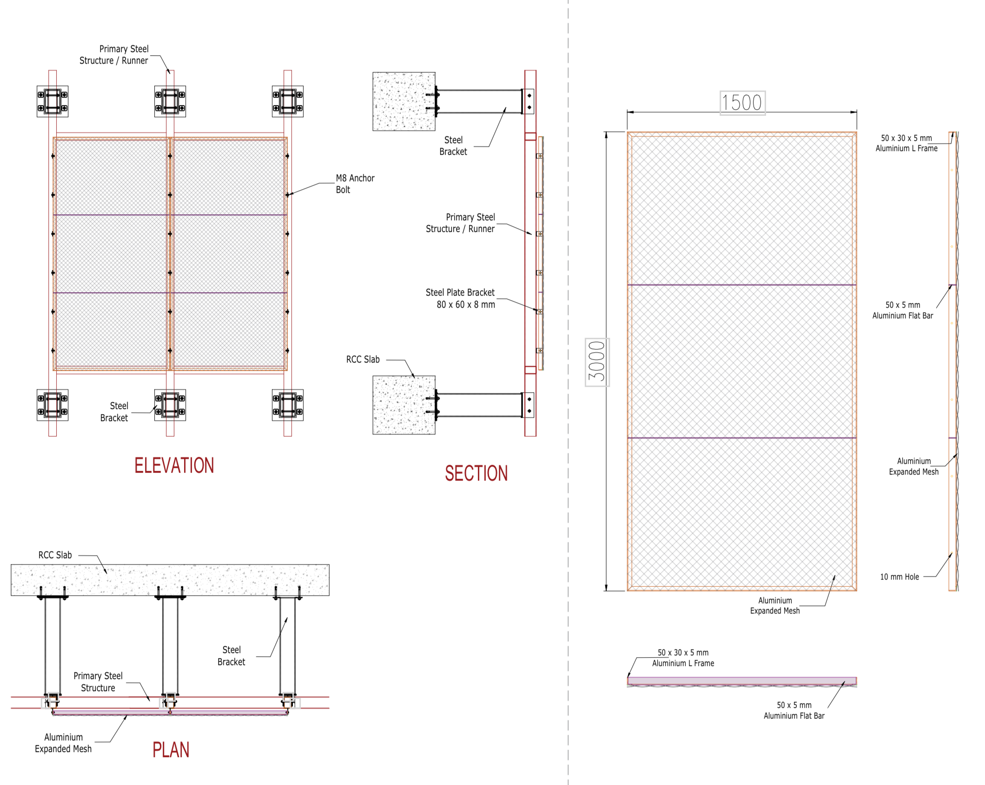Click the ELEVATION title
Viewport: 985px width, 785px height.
click(x=174, y=465)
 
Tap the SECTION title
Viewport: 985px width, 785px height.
click(x=476, y=473)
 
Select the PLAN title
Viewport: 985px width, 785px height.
click(x=171, y=750)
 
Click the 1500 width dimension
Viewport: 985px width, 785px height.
click(x=742, y=103)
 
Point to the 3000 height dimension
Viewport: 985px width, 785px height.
click(x=597, y=362)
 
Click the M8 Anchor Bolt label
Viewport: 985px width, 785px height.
click(x=355, y=184)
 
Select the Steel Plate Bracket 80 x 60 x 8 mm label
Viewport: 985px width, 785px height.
click(x=460, y=298)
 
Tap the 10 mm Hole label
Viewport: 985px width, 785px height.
click(x=899, y=577)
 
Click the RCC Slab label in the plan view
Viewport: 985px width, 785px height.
click(x=55, y=555)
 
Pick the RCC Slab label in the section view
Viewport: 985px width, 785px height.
click(x=363, y=359)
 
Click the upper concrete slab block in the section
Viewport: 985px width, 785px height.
click(x=404, y=101)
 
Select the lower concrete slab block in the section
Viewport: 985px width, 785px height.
click(x=404, y=405)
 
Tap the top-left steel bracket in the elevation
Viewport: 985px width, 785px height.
click(x=53, y=101)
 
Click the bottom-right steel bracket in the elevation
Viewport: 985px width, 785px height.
click(x=288, y=405)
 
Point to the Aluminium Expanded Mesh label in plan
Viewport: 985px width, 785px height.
click(x=63, y=743)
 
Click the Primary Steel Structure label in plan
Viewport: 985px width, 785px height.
click(x=98, y=682)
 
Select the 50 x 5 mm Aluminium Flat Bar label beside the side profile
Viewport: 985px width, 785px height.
click(x=902, y=310)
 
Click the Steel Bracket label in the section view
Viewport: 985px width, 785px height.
click(x=453, y=145)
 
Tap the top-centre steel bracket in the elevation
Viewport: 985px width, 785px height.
click(x=170, y=101)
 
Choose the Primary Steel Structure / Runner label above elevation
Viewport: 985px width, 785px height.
click(x=114, y=54)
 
